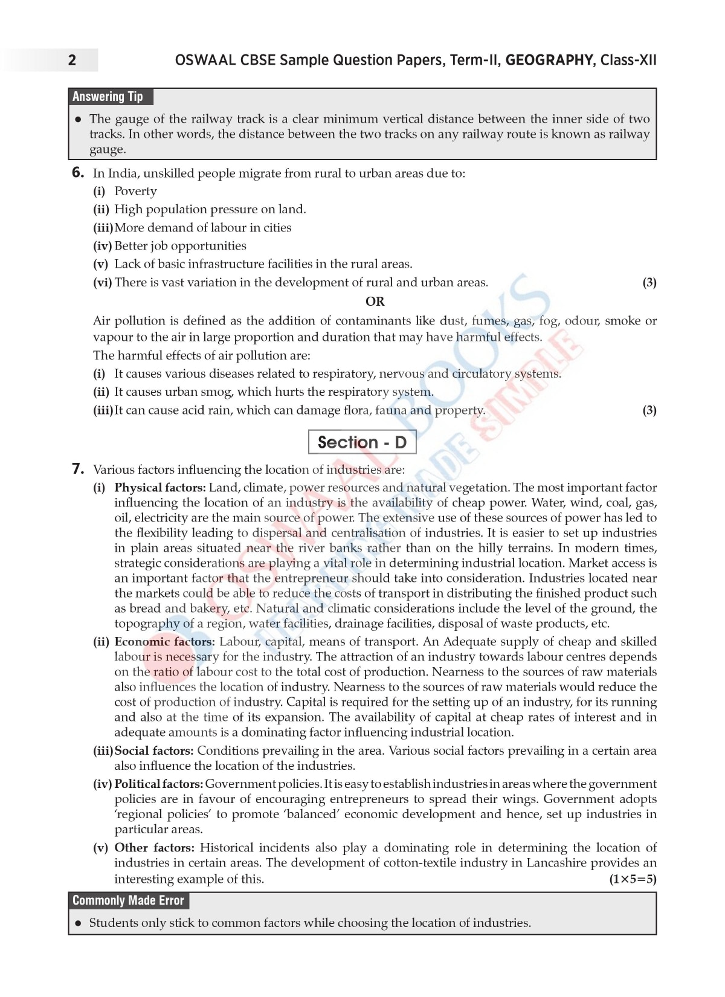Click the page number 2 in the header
[72, 60]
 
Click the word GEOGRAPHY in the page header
[549, 60]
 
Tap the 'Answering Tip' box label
[108, 97]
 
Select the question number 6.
[78, 173]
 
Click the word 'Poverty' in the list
[135, 191]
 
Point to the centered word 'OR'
[375, 301]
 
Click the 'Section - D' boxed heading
[362, 442]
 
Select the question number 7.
[78, 469]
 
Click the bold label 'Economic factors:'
[164, 642]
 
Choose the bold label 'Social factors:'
[154, 750]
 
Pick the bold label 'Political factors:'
[159, 784]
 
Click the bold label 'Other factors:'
[155, 848]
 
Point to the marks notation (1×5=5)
[632, 879]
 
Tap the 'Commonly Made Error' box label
[128, 900]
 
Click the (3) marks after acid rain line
[649, 410]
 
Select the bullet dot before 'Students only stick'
[78, 923]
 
